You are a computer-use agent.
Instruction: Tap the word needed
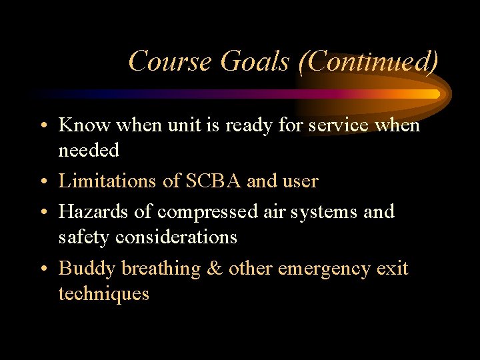point(89,150)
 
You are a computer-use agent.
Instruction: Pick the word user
point(301,181)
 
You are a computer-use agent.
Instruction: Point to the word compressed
point(207,213)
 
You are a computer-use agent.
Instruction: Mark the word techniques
point(103,293)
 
